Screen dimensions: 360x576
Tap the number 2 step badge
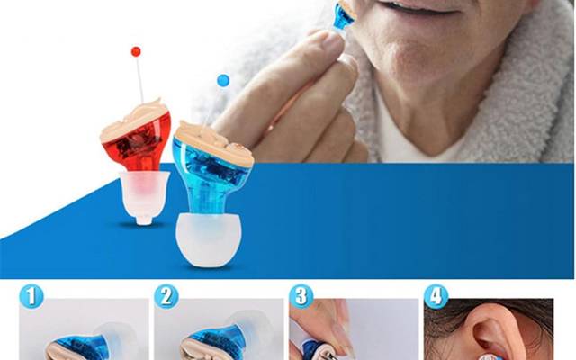pos(166,295)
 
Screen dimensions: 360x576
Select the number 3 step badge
pos(301,295)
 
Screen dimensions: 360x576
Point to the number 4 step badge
pos(436,295)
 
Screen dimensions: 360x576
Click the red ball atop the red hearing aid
pos(136,51)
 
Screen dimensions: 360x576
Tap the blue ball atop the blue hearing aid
pos(223,81)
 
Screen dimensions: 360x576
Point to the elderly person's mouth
pos(400,13)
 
